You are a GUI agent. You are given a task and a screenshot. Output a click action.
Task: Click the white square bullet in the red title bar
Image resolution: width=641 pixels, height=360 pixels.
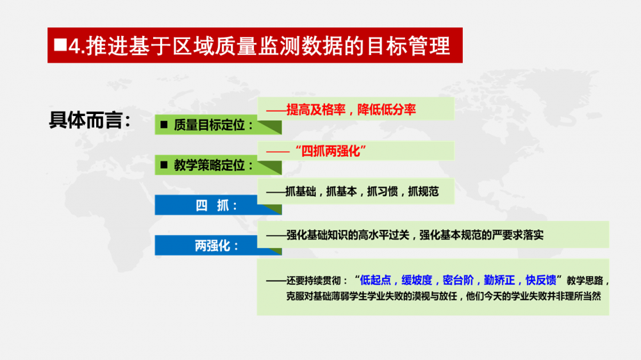pyautogui.click(x=60, y=45)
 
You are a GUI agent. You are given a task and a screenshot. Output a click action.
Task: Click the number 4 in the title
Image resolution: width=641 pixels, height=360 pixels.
pyautogui.click(x=74, y=45)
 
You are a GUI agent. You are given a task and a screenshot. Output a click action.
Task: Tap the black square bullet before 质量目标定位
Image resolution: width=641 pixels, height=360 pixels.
pyautogui.click(x=164, y=125)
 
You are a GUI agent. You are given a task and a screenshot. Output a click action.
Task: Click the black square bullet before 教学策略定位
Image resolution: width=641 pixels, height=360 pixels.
pyautogui.click(x=164, y=165)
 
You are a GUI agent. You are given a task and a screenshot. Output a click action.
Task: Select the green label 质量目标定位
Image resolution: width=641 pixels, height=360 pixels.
pyautogui.click(x=210, y=125)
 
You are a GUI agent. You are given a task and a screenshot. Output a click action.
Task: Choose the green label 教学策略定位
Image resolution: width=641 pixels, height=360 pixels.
pyautogui.click(x=210, y=165)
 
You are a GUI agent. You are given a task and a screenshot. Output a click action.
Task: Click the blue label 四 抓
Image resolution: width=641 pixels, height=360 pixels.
pyautogui.click(x=212, y=205)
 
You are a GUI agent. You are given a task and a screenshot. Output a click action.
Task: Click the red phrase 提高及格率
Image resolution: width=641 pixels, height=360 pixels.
pyautogui.click(x=316, y=110)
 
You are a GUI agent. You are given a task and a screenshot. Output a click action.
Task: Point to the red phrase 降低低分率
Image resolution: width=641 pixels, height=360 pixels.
pyautogui.click(x=387, y=110)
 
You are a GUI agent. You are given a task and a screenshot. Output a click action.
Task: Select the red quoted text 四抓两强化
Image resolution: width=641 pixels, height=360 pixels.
pyautogui.click(x=331, y=151)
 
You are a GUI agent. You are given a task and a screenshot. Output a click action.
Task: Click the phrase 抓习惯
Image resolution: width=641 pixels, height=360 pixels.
pyautogui.click(x=382, y=192)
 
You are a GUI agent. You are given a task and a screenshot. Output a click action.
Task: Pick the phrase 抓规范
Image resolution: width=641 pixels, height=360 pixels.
pyautogui.click(x=423, y=192)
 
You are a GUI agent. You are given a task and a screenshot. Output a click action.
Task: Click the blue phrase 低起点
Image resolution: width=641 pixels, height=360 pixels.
pyautogui.click(x=375, y=280)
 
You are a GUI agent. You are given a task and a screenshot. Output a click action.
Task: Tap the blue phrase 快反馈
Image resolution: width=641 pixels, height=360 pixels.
pyautogui.click(x=541, y=280)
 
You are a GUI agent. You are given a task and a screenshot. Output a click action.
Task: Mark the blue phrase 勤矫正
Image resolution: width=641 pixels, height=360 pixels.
pyautogui.click(x=499, y=280)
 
